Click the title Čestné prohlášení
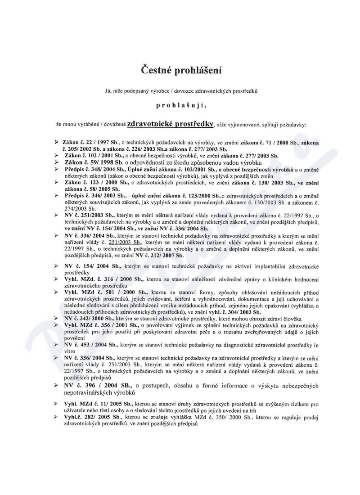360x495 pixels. point(180,70)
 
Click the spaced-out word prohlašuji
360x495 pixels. point(180,106)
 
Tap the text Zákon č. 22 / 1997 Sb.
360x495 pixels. point(89,143)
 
